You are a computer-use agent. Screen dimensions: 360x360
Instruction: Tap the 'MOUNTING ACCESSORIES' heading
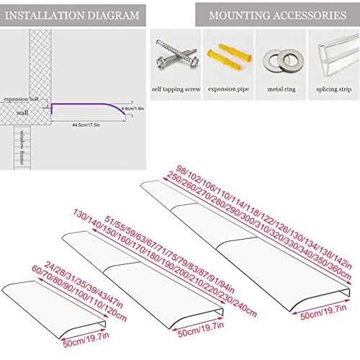click(276, 14)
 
